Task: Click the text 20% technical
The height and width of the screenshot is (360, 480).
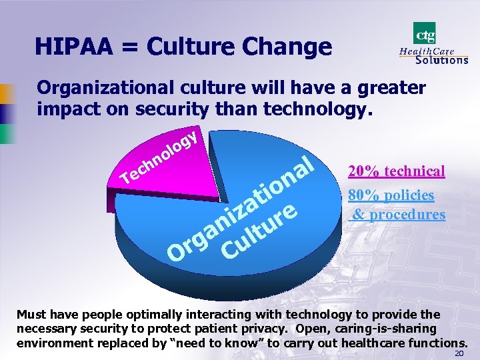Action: [396, 171]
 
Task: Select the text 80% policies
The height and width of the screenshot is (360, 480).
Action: [391, 195]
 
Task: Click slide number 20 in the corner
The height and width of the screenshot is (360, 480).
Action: [459, 353]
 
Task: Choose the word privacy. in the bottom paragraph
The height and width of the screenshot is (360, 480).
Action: [282, 329]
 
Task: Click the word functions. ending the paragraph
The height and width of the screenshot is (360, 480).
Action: [434, 343]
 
